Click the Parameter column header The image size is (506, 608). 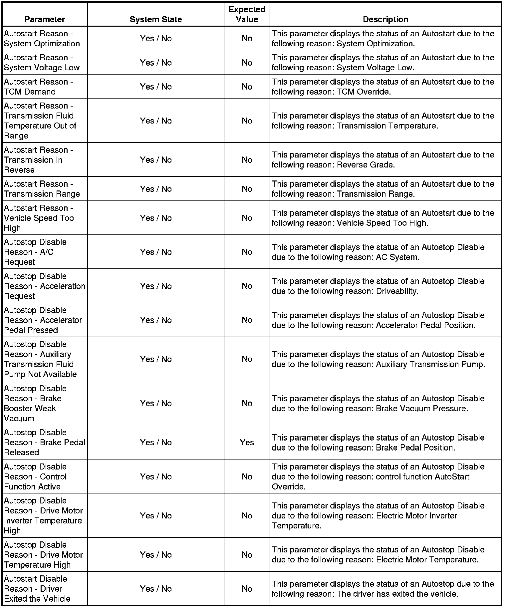pos(45,19)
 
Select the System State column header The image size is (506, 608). pos(156,19)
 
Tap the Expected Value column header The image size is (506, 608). pos(247,14)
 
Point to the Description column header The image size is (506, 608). pos(385,19)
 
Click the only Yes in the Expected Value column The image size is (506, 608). pos(247,442)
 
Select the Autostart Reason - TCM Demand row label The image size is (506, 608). pos(38,87)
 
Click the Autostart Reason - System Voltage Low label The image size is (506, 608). pos(42,63)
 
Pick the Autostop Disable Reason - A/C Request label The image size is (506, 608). pos(35,252)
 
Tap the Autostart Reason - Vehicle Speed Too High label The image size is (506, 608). pos(39,218)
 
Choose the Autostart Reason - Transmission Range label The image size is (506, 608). pos(42,189)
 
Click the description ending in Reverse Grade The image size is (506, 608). pos(383,160)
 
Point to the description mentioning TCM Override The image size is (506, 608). pos(383,87)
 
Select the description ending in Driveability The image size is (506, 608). pos(378,286)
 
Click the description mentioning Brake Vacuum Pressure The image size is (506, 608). pos(378,403)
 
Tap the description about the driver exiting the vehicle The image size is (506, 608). pos(383,589)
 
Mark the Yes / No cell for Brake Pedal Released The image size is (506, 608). pos(156,442)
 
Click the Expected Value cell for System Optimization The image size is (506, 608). pos(247,39)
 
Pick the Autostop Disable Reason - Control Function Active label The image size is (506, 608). pos(35,476)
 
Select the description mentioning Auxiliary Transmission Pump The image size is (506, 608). pos(378,359)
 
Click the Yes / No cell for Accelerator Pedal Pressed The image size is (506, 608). pos(156,320)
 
